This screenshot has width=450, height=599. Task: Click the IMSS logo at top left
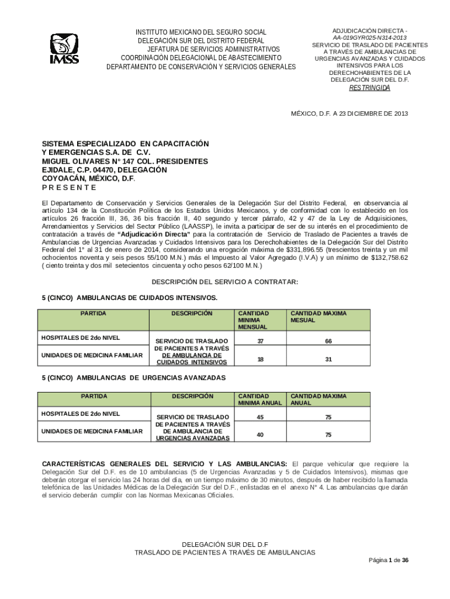coord(64,49)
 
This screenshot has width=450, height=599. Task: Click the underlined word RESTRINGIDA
coord(369,88)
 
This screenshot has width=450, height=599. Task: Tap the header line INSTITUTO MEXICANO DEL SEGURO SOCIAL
coord(201,32)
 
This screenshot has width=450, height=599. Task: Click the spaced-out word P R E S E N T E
coord(69,188)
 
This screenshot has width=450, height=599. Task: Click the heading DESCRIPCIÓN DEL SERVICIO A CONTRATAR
coord(225,282)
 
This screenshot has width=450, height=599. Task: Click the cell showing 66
coord(328,342)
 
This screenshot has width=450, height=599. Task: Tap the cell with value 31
coord(328,360)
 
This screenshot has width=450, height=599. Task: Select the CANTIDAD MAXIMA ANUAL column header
coord(319,400)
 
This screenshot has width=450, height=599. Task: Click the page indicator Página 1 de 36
coord(388,560)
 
